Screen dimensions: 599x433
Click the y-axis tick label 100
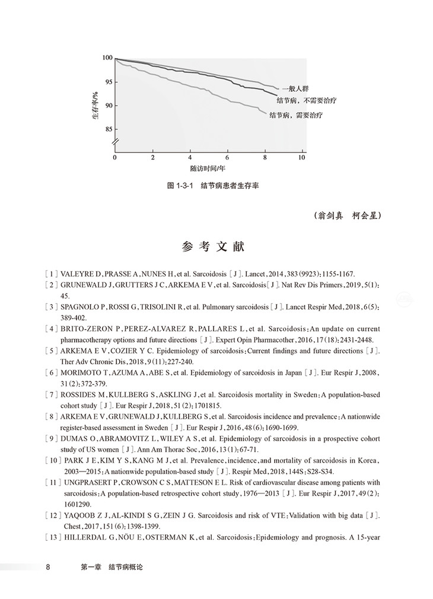tap(107, 58)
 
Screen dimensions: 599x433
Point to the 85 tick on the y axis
tap(109, 129)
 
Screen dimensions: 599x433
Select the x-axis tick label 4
tap(190, 158)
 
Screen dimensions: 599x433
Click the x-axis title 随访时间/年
tap(208, 168)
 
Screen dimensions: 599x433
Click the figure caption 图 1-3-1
tap(180, 186)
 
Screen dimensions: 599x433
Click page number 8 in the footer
tap(48, 568)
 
